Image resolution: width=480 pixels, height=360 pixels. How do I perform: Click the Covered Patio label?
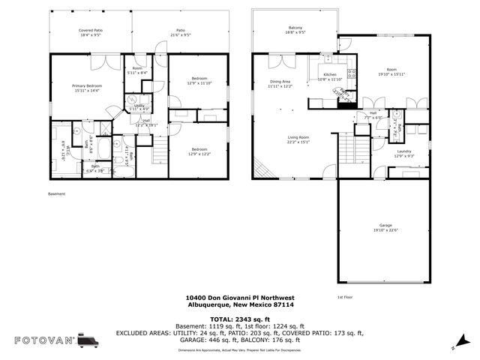91,33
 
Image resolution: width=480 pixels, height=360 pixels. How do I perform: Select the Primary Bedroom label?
87,88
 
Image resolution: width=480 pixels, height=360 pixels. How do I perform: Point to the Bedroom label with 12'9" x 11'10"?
199,81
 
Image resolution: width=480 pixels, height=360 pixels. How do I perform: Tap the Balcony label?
295,30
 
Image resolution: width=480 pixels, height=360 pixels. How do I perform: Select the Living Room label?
298,139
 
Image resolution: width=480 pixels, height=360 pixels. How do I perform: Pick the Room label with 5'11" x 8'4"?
139,70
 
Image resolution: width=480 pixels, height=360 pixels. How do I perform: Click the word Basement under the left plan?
57,193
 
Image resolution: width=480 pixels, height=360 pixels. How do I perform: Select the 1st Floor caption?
345,297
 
